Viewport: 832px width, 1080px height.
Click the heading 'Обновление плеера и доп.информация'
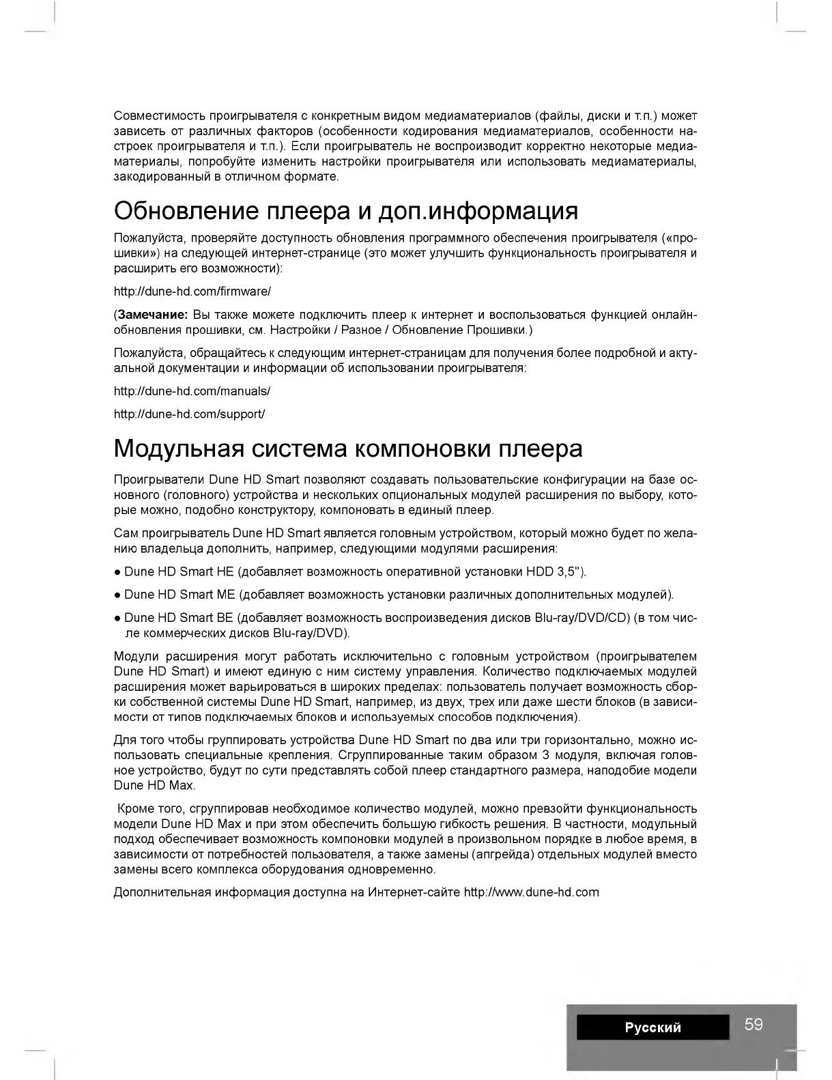coord(345,211)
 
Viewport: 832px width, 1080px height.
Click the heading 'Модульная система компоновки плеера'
coord(348,449)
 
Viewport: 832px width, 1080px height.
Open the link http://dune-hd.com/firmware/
coord(192,292)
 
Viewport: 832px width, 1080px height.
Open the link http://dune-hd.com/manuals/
coord(192,391)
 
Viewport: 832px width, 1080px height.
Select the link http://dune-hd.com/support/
coord(189,414)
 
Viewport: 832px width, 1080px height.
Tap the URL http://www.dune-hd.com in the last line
coord(531,892)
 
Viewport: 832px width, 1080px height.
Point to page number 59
coord(754,1024)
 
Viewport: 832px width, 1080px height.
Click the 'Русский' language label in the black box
coord(652,1027)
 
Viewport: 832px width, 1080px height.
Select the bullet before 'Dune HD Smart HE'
coord(118,572)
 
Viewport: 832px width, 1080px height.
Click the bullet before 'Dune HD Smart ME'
coord(118,595)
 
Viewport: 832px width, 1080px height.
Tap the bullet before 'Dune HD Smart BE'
coord(118,619)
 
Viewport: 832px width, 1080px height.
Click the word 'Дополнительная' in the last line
coord(162,892)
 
